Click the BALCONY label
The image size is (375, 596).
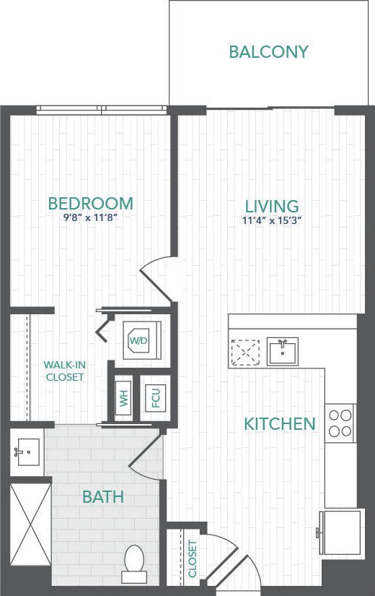click(x=268, y=52)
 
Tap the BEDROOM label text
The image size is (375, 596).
click(x=90, y=203)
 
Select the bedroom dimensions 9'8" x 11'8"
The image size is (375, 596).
click(x=90, y=216)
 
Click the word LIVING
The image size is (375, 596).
click(x=271, y=207)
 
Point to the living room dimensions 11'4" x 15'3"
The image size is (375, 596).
click(x=271, y=221)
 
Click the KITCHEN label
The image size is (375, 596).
click(x=280, y=424)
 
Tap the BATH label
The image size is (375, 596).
click(x=102, y=497)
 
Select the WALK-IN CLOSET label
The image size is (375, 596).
click(x=65, y=371)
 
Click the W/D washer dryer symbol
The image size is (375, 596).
click(x=139, y=339)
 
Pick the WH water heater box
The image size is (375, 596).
click(x=124, y=399)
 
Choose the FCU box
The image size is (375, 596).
click(x=154, y=398)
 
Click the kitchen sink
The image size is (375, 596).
click(x=283, y=351)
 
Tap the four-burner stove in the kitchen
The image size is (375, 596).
click(x=340, y=423)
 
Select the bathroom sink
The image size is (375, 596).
click(x=27, y=452)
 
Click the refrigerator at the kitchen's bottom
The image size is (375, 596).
click(x=340, y=532)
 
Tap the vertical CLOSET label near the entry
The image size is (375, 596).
click(x=193, y=559)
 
